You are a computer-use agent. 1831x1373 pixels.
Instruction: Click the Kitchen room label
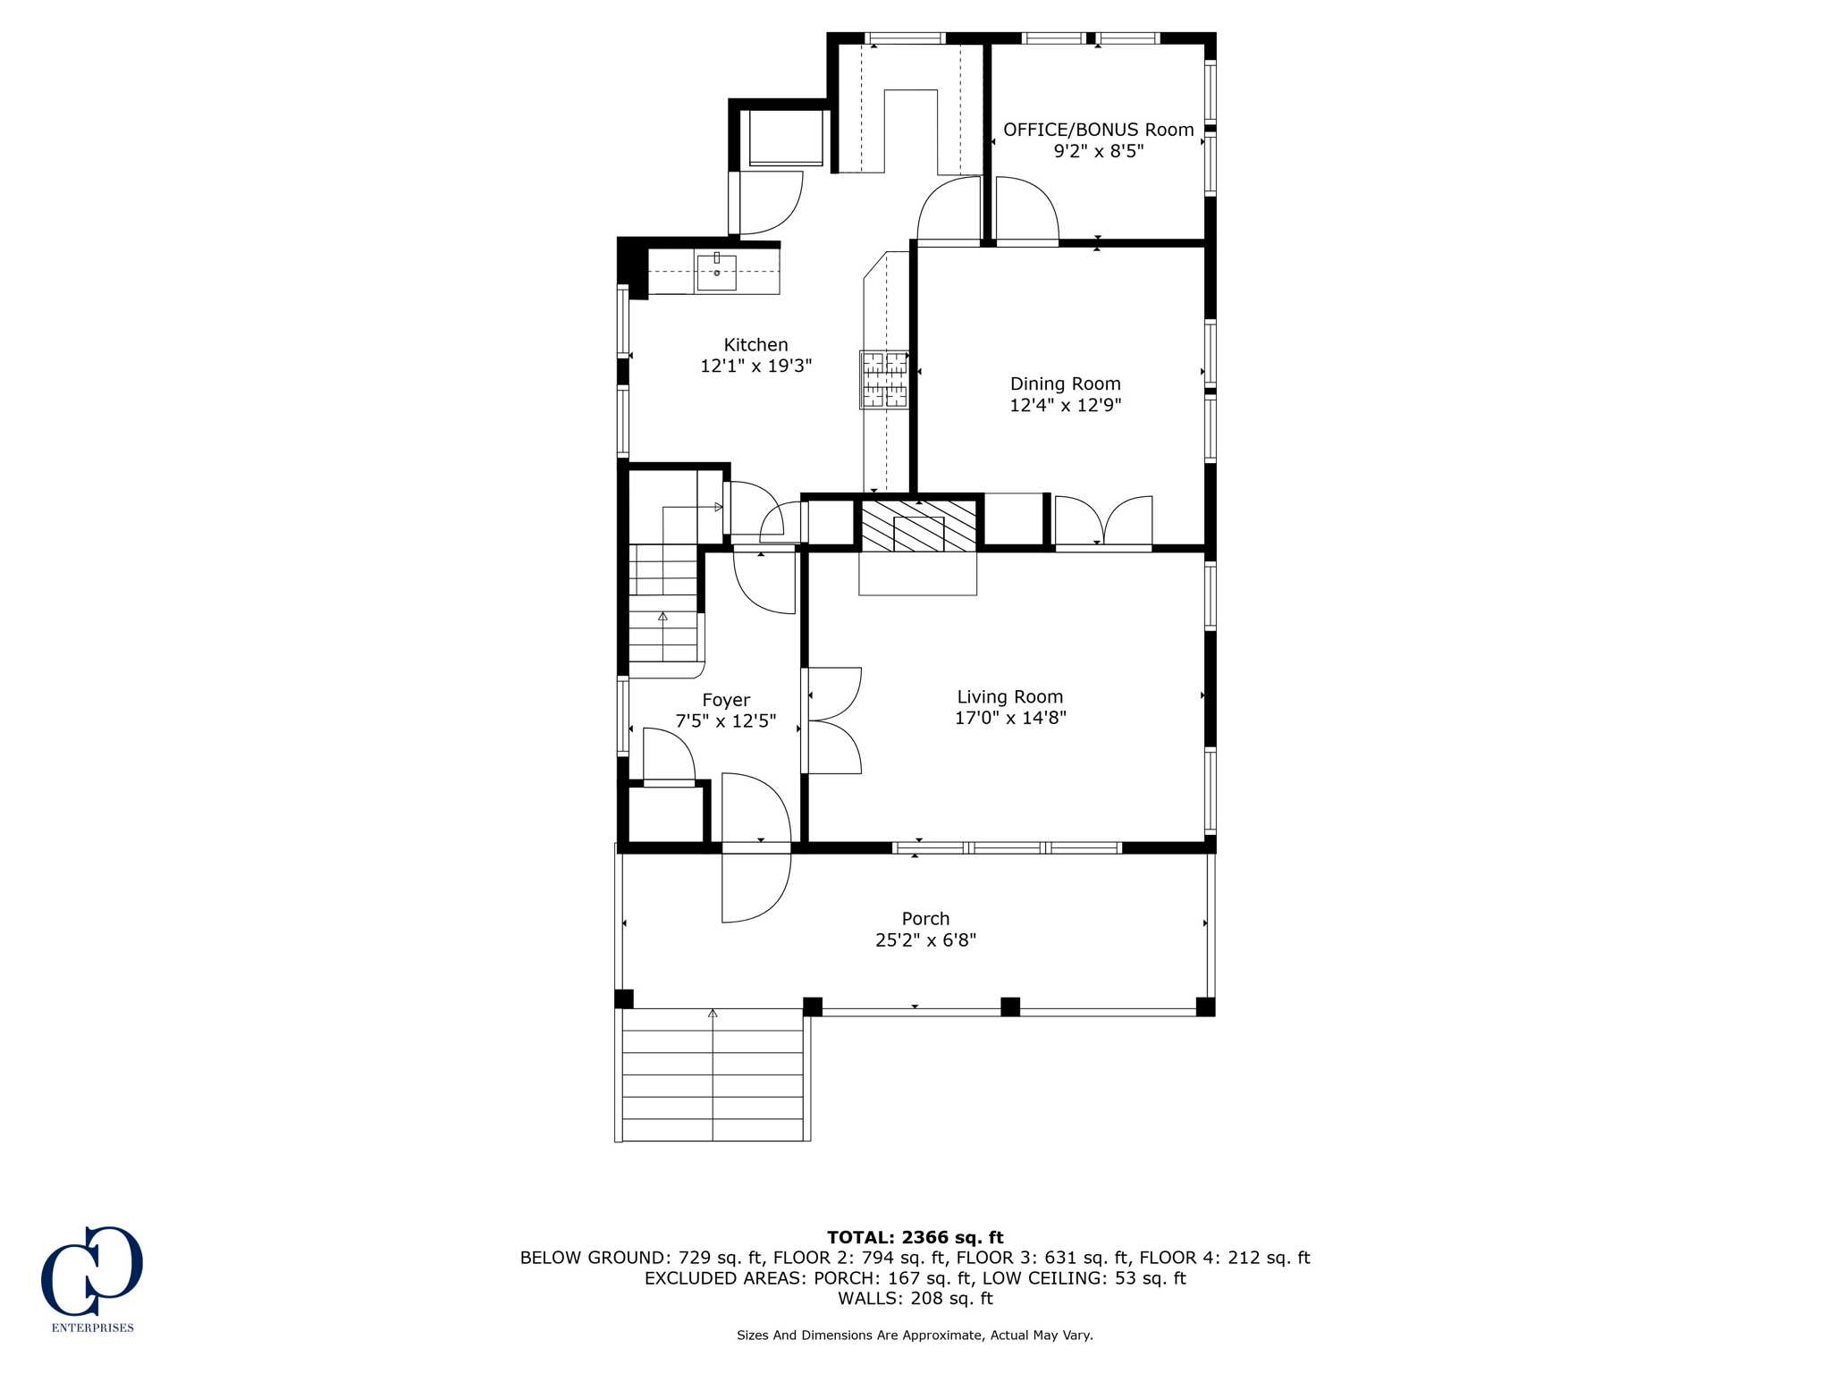755,345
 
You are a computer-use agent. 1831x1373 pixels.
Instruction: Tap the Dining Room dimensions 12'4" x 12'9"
1065,405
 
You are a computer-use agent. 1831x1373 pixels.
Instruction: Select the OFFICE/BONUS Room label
1098,130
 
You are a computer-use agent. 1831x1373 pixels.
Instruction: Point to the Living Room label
1009,697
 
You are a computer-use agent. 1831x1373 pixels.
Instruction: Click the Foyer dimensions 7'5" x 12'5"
725,721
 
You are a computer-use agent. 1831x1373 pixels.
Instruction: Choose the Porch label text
925,919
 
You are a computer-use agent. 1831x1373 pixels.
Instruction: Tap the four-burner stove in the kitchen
883,380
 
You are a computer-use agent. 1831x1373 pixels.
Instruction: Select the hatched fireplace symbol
918,526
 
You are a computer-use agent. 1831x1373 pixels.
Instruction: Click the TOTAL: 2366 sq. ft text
915,1238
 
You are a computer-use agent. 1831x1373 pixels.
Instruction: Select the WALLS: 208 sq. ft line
915,1299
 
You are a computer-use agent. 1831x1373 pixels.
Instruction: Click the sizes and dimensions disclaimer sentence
915,1335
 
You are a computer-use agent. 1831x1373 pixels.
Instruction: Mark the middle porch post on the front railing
1009,1007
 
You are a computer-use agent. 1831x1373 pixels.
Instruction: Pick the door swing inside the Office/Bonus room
1026,210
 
